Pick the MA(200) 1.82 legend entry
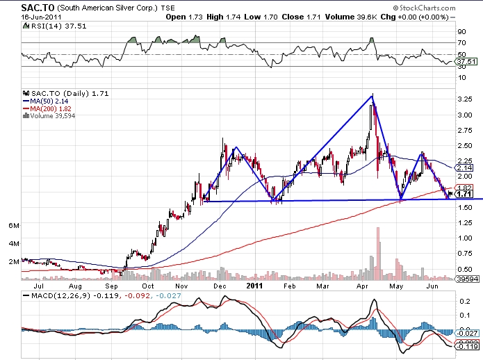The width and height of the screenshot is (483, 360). [48, 108]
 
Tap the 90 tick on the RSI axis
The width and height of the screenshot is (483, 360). [459, 31]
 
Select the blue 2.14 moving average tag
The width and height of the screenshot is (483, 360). [465, 168]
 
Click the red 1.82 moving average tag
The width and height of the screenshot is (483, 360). [465, 188]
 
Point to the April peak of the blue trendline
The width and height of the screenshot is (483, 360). [373, 95]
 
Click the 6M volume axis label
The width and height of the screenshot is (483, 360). [13, 226]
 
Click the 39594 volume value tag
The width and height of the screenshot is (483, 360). [465, 279]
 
